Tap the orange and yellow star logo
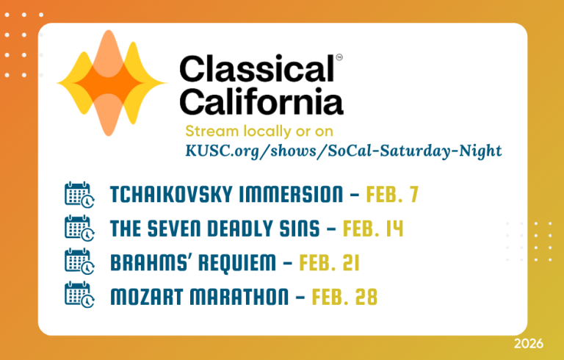pyautogui.click(x=112, y=83)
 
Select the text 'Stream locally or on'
pyautogui.click(x=259, y=132)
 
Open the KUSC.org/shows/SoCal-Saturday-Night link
pyautogui.click(x=344, y=151)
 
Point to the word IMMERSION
pyautogui.click(x=291, y=195)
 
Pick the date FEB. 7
pyautogui.click(x=392, y=195)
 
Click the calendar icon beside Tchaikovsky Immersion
pyautogui.click(x=79, y=195)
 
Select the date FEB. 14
pyautogui.click(x=373, y=228)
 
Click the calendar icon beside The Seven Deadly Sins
pyautogui.click(x=79, y=228)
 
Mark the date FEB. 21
pyautogui.click(x=329, y=262)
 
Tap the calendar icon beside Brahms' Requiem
pyautogui.click(x=79, y=262)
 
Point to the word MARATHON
pyautogui.click(x=239, y=297)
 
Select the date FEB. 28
pyautogui.click(x=344, y=297)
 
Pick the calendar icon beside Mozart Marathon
pyautogui.click(x=79, y=295)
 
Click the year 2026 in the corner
pyautogui.click(x=529, y=343)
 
